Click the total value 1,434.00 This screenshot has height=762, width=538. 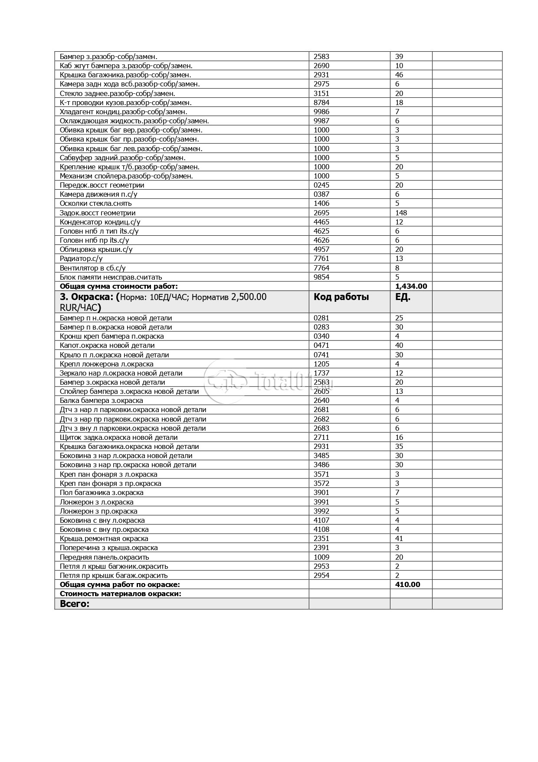(411, 286)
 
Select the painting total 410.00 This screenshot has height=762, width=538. (407, 584)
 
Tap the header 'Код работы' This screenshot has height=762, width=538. (341, 297)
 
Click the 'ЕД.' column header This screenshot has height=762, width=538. (403, 297)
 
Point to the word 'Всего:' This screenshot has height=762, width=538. (74, 604)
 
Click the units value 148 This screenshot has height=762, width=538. (401, 213)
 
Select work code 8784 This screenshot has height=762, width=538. (321, 102)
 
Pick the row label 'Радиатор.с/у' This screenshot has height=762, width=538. (81, 258)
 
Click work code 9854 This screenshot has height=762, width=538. (321, 277)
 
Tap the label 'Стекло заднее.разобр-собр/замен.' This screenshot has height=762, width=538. (117, 93)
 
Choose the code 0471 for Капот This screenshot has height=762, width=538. (321, 345)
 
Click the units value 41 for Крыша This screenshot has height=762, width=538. (399, 538)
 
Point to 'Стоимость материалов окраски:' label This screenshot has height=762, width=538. (120, 594)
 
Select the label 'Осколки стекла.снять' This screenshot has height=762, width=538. (95, 203)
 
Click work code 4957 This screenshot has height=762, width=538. (321, 249)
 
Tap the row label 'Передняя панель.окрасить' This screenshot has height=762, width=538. (104, 557)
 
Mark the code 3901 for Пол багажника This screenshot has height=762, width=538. (321, 492)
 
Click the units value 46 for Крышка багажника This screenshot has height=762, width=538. (399, 75)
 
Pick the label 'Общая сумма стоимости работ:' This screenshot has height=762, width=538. (118, 286)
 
